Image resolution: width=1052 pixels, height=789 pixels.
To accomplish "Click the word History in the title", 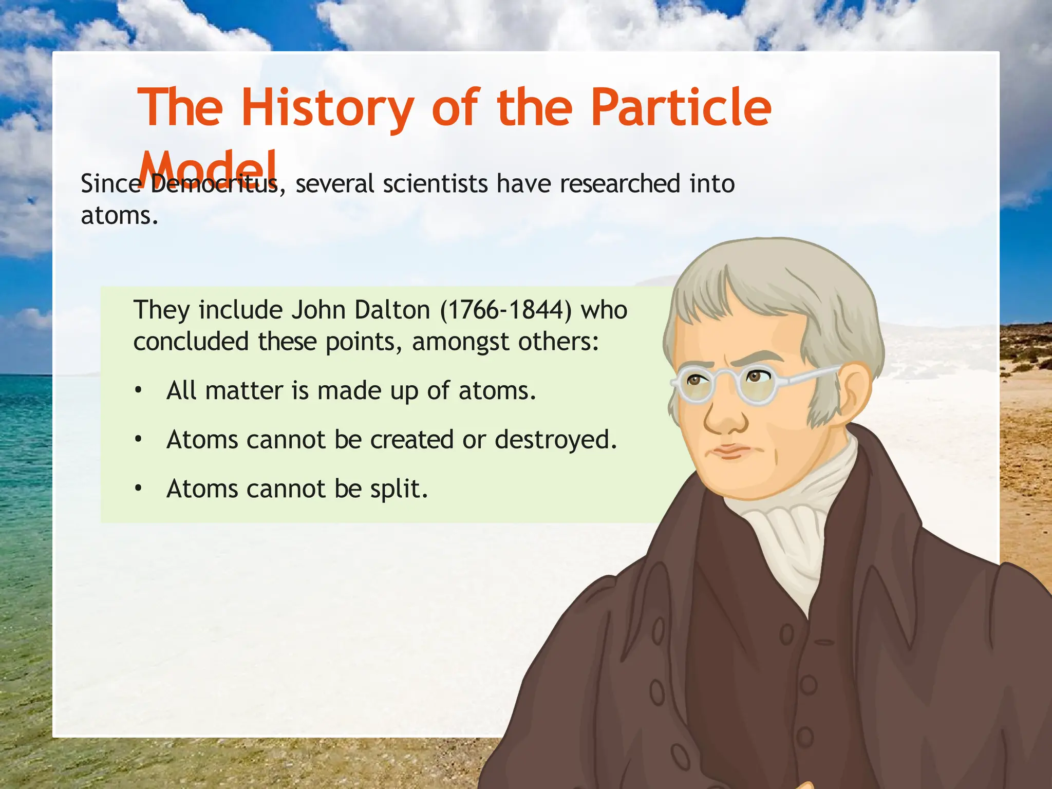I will coord(328,108).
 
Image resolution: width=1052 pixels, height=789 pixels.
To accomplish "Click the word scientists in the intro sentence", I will coord(435,184).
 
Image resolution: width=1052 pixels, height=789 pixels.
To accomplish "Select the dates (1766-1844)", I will coord(505,310).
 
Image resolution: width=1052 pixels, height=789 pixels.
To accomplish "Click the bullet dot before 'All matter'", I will coord(138,391).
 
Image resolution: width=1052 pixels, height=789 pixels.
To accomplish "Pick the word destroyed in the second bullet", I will coord(555,440).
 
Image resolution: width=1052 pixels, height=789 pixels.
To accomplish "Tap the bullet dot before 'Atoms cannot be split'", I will coord(138,489).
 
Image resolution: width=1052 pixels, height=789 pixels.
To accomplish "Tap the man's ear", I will coord(853,390).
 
